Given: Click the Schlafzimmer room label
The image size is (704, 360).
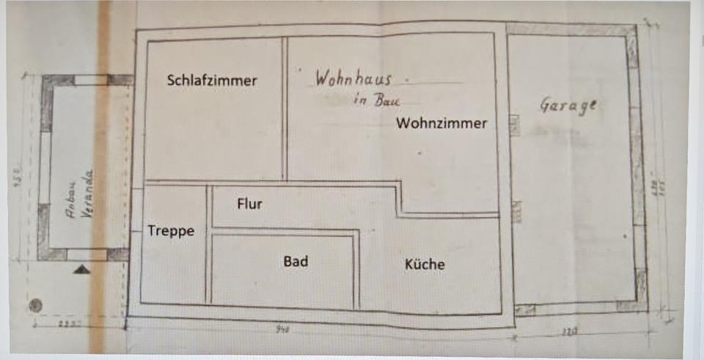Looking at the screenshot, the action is (x=212, y=81).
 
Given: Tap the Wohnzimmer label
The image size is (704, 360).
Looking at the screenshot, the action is (x=441, y=123).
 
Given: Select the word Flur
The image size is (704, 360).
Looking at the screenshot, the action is (x=249, y=204).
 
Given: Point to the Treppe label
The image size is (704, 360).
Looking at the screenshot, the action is (x=171, y=231).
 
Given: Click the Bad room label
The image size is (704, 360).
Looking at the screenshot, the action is (x=296, y=261).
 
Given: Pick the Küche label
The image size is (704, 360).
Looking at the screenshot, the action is (x=425, y=265).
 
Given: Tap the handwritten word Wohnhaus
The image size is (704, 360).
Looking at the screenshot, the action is (x=353, y=78).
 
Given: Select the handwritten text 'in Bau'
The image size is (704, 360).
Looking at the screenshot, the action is (x=372, y=100).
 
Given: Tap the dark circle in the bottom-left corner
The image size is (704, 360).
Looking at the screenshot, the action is (x=36, y=304).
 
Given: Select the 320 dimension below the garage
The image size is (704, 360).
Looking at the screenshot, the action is (x=569, y=332).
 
